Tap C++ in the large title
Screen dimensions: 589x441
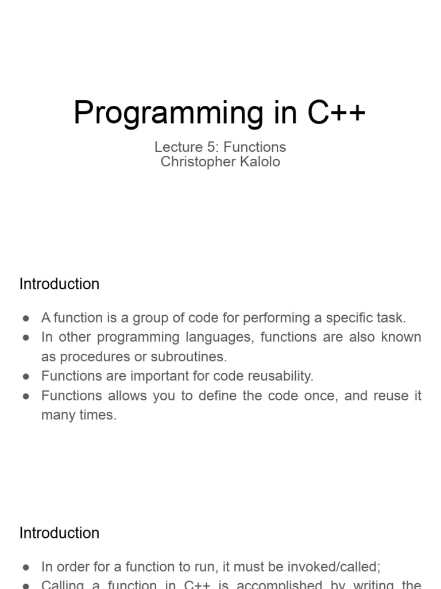click(336, 112)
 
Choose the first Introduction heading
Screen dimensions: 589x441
click(59, 284)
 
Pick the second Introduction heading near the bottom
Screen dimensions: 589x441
click(59, 533)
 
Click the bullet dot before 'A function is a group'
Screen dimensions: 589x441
click(26, 318)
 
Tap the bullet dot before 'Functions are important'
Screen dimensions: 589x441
click(26, 377)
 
